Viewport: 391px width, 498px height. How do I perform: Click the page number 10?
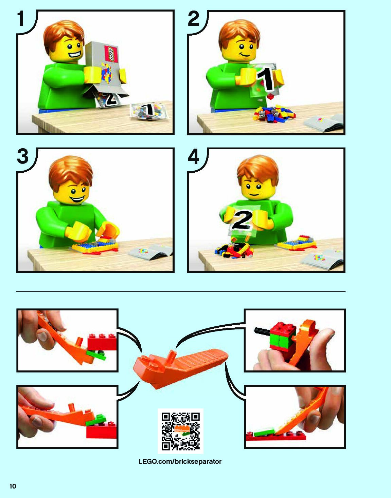coord(13,486)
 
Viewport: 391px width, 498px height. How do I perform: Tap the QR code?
coord(180,431)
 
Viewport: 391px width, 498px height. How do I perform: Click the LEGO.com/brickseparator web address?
coord(180,461)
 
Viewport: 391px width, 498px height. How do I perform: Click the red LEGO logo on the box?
coord(111,54)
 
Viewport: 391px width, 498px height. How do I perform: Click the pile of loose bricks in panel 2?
coord(274,113)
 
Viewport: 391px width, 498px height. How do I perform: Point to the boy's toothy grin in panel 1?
coord(75,55)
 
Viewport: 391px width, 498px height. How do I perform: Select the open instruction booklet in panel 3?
coord(150,252)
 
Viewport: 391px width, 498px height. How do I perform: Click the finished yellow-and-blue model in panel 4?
coord(297,242)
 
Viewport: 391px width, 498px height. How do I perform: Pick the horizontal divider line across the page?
coord(181,291)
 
